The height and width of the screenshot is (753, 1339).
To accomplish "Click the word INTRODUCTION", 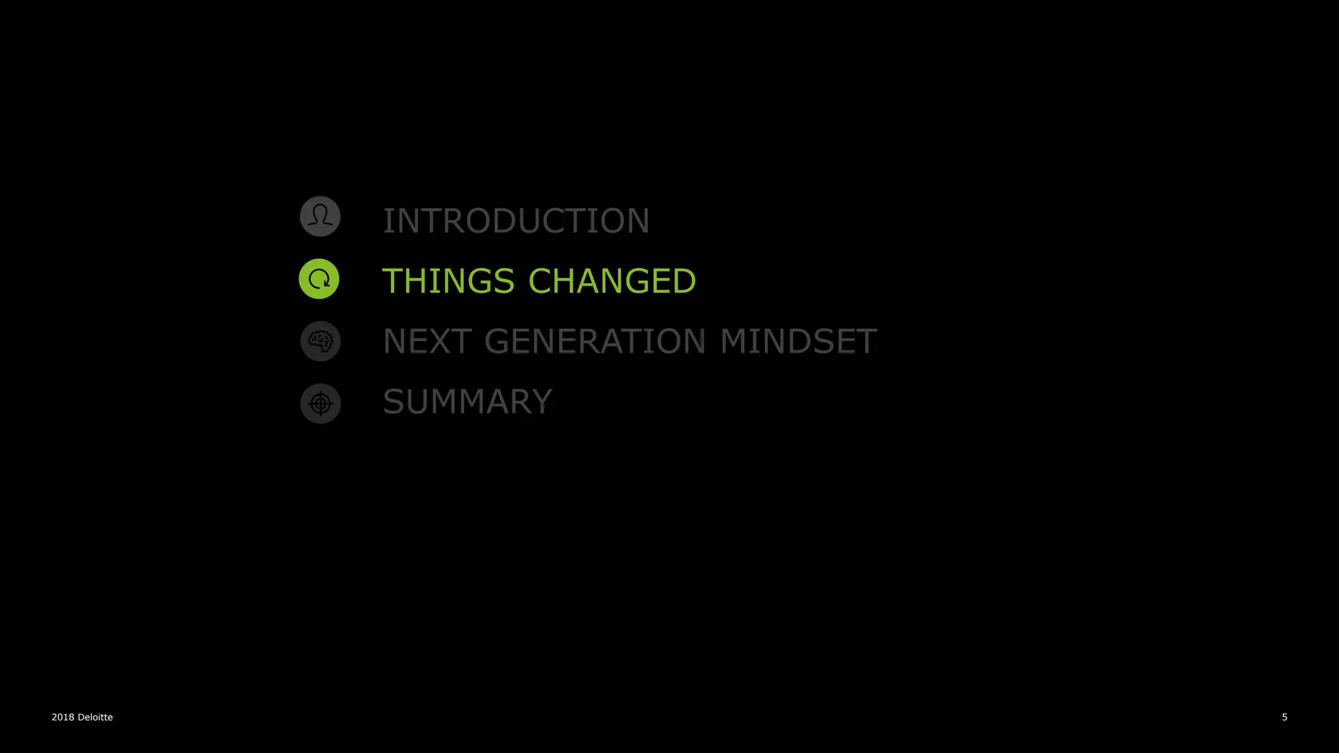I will (516, 221).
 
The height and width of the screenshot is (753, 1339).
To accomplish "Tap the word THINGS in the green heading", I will (448, 281).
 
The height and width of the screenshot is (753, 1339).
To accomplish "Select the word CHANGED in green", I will (612, 281).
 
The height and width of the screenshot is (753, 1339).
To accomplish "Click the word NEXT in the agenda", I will (427, 341).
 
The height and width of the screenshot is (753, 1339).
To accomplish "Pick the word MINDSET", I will (798, 341).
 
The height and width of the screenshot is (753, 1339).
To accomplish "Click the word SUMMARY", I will (467, 401).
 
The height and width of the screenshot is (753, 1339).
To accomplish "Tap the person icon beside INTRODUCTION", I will (320, 216).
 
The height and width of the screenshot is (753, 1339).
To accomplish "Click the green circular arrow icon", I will (319, 279).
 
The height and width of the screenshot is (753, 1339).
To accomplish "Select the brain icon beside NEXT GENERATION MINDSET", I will (320, 341).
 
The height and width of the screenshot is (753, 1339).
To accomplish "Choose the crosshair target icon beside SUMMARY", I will (320, 403).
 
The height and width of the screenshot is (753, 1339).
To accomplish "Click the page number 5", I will (1285, 717).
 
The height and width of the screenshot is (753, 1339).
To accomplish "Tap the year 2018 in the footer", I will (63, 717).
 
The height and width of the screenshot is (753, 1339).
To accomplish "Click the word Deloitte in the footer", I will (95, 717).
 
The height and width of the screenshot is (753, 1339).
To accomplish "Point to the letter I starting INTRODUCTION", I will (387, 221).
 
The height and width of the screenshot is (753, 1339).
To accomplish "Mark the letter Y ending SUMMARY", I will (542, 401).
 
